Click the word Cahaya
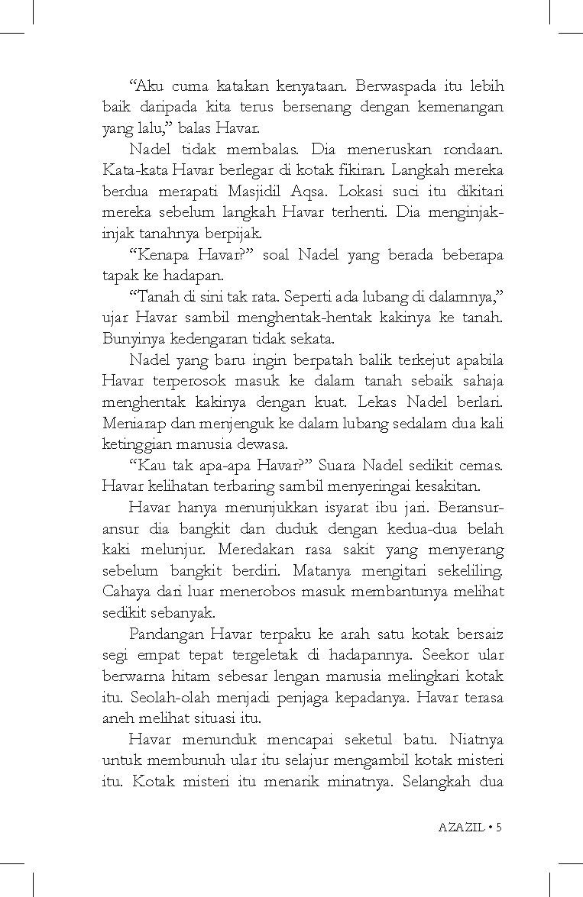pyautogui.click(x=125, y=591)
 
